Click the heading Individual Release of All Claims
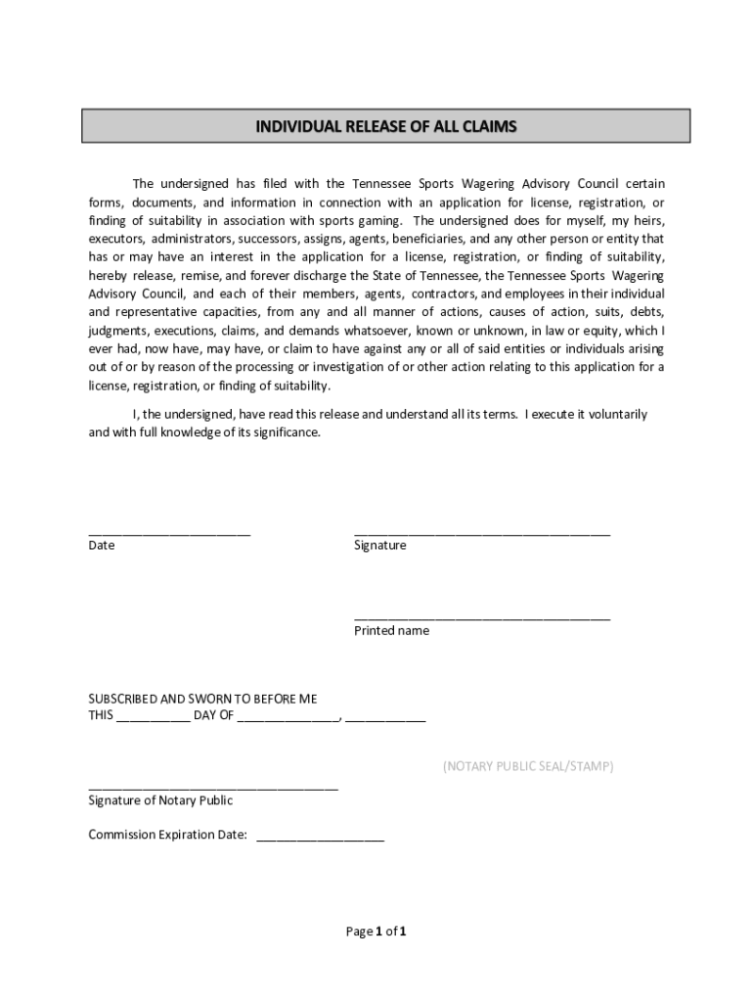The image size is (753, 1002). coord(385,126)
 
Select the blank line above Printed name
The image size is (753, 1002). coord(482,617)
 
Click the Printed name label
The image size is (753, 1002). coord(391,631)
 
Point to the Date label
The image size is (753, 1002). coord(102,546)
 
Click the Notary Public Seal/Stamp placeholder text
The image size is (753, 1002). coord(528,766)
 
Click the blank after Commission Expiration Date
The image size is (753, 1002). coord(320,839)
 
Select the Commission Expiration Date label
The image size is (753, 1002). coord(167,836)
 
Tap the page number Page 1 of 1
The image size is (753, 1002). coord(376,932)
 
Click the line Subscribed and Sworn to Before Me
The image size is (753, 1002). coord(202,699)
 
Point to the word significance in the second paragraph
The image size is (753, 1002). coord(286,433)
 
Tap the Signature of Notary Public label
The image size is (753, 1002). coord(160,800)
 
